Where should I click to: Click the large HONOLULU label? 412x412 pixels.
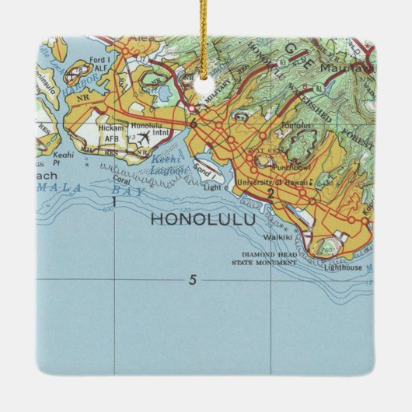coord(201,219)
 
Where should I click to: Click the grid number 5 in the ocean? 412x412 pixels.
coord(192,280)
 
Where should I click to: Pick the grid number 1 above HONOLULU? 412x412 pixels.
coord(114,201)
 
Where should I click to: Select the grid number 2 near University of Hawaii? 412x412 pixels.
coord(270,194)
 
